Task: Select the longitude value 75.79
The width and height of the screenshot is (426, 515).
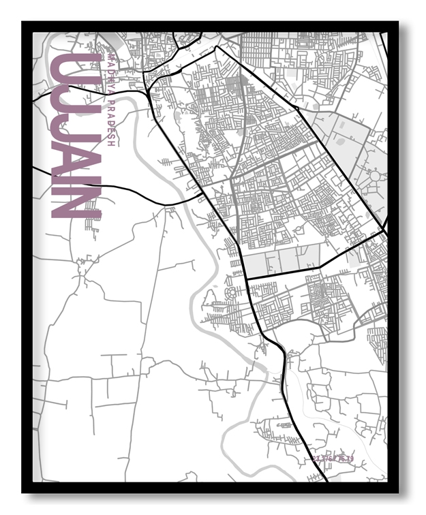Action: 344,459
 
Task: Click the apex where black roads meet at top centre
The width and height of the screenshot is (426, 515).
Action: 217,47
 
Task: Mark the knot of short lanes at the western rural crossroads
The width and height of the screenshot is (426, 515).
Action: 83,270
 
